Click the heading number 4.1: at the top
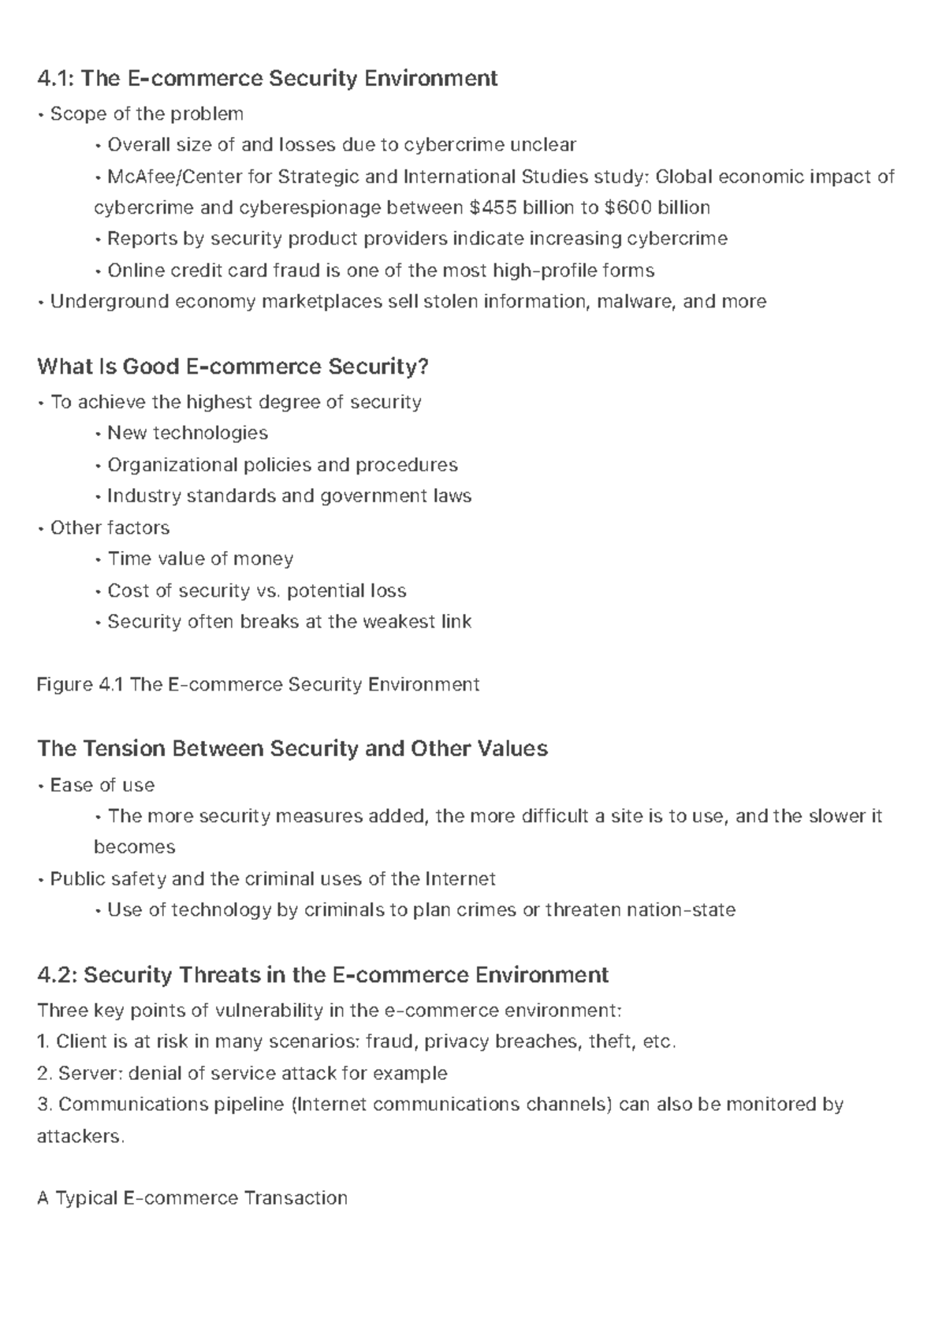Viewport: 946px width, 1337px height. pyautogui.click(x=56, y=78)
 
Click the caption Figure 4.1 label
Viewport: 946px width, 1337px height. pyautogui.click(x=80, y=684)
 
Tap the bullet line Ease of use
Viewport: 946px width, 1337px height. pyautogui.click(x=102, y=785)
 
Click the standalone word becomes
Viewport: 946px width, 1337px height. pyautogui.click(x=134, y=847)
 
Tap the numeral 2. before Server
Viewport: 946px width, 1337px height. pyautogui.click(x=44, y=1073)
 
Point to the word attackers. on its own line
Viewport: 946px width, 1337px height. pyautogui.click(x=80, y=1136)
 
